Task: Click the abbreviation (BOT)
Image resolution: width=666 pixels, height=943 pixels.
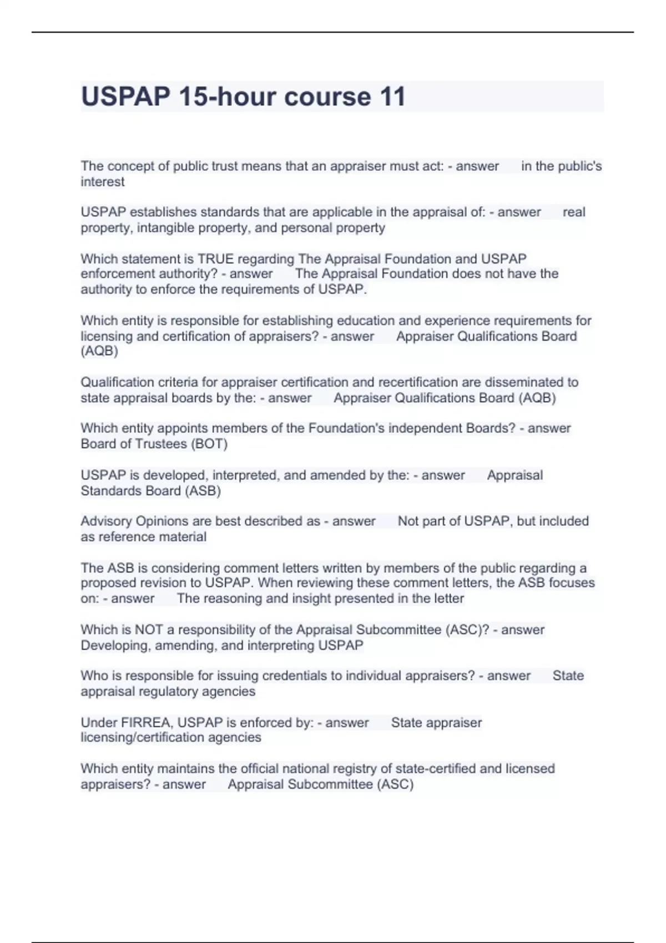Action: point(209,444)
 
